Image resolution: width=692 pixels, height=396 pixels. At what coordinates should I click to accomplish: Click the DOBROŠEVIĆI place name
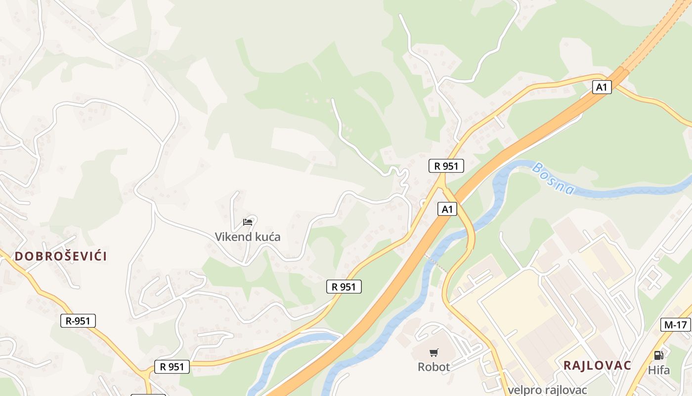(x=61, y=256)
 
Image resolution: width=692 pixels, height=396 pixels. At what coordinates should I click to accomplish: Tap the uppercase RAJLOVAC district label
(x=597, y=366)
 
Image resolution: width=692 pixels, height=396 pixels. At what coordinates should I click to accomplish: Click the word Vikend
(x=232, y=237)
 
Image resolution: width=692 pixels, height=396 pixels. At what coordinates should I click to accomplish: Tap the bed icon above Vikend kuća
(x=248, y=222)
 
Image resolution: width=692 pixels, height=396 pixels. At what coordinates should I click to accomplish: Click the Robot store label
(x=433, y=367)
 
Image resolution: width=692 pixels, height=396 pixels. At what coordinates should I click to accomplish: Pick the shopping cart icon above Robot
(x=433, y=353)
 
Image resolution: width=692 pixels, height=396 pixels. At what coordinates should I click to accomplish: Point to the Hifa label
(x=659, y=370)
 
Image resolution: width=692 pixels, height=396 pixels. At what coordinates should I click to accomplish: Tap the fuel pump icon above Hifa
(x=658, y=355)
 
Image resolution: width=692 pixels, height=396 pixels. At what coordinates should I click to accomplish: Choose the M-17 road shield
(x=676, y=325)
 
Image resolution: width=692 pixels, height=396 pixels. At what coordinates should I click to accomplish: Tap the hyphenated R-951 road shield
(x=78, y=321)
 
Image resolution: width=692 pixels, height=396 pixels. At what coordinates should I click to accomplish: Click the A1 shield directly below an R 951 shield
(x=447, y=209)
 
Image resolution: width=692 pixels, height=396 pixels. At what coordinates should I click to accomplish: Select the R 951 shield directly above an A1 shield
(x=446, y=166)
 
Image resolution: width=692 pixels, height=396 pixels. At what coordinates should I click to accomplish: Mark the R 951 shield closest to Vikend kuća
(x=344, y=287)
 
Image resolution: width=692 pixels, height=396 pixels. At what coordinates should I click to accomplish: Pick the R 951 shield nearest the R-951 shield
(x=172, y=367)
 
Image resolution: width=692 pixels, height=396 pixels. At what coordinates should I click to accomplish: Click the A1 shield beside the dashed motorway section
(x=602, y=87)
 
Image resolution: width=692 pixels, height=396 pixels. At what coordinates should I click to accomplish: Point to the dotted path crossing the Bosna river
(x=436, y=263)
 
